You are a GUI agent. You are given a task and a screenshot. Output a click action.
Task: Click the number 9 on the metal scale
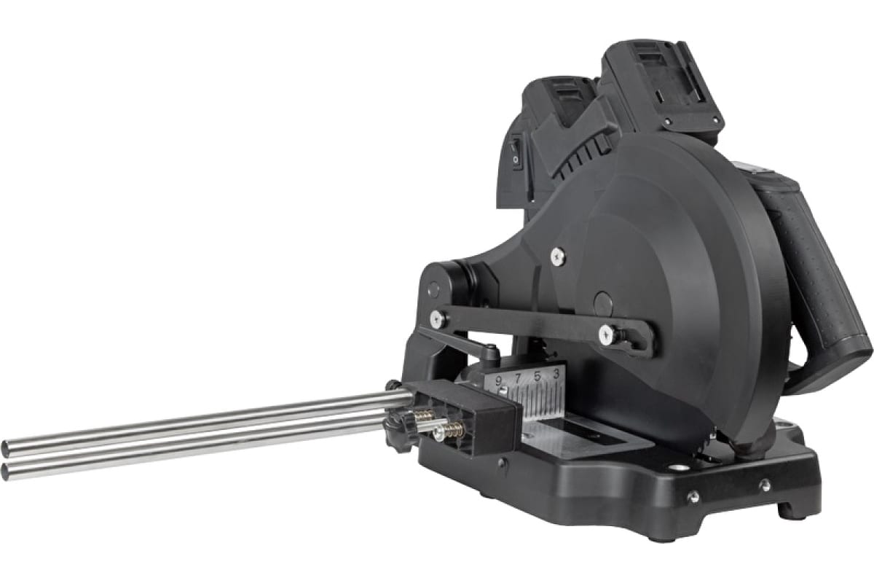point(499,381)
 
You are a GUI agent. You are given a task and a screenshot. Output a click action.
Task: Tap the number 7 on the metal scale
point(518,378)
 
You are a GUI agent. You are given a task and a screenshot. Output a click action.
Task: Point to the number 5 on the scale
point(538,377)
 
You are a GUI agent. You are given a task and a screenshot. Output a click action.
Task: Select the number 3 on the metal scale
point(556,373)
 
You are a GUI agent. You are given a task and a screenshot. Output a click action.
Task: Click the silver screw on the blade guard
point(558,257)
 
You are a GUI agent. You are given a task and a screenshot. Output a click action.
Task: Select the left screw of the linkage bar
point(438,319)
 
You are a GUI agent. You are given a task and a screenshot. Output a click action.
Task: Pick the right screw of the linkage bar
point(607,335)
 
